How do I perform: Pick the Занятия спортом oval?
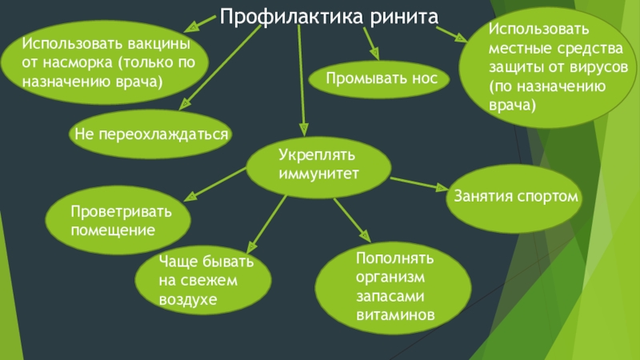coord(516,194)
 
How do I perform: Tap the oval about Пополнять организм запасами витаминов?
coord(395,287)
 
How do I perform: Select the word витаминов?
coord(395,315)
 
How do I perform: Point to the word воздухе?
coord(188,298)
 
